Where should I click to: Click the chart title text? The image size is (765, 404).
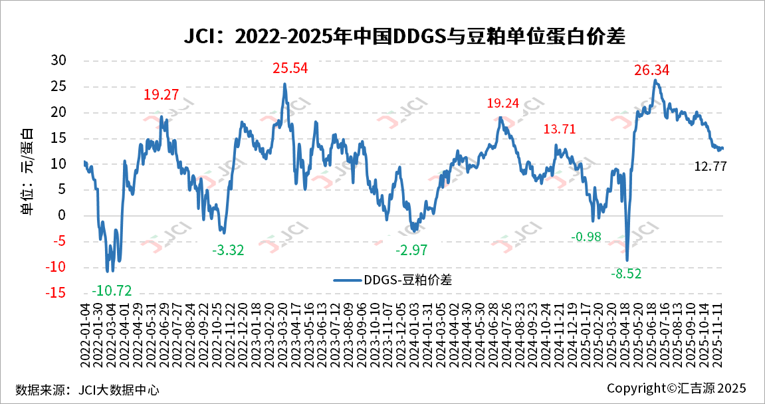click(405, 37)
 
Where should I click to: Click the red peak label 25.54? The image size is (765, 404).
click(291, 68)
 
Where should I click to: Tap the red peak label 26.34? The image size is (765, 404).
click(651, 70)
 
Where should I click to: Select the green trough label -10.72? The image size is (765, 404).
click(112, 290)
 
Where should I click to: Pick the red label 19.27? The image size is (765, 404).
click(161, 94)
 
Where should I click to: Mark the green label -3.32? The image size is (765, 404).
click(228, 251)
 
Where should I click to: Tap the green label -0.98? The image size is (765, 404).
click(586, 237)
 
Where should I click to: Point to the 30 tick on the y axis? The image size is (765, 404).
click(59, 60)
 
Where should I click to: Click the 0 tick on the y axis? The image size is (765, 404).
click(63, 215)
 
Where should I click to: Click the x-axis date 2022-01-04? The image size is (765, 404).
click(85, 332)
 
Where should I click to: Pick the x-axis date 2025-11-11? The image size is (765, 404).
click(717, 332)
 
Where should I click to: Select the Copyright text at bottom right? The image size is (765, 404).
click(677, 388)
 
